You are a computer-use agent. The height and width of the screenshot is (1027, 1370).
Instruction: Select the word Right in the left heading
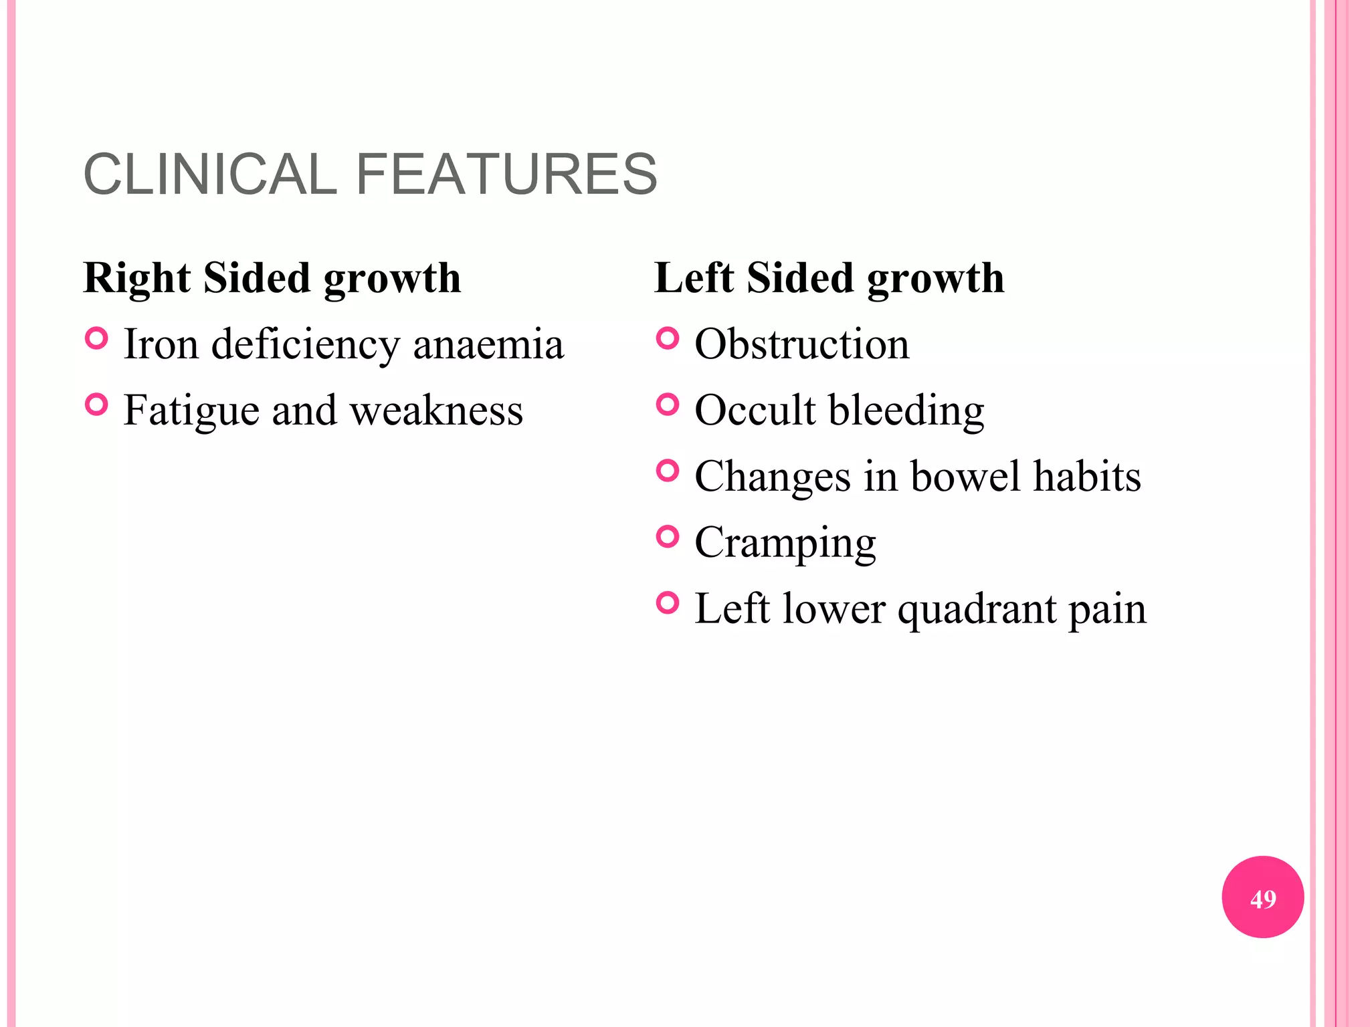[138, 279]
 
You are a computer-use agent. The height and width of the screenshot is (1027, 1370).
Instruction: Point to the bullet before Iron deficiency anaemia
[97, 339]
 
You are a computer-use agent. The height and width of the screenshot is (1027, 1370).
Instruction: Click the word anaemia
[488, 345]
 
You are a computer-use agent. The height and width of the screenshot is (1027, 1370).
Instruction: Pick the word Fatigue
[191, 411]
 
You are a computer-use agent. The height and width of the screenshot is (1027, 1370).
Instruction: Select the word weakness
[436, 411]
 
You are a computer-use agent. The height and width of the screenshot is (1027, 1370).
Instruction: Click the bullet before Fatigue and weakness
[97, 405]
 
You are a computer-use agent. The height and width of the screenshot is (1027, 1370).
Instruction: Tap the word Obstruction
[802, 344]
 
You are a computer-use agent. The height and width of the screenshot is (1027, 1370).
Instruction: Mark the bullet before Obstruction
[668, 338]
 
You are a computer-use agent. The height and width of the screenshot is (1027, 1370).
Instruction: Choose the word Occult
[755, 410]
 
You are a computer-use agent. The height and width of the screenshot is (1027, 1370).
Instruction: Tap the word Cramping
[785, 544]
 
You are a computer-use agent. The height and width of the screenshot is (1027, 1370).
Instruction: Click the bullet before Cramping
[668, 536]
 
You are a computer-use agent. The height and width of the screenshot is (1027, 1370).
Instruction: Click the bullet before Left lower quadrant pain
[668, 603]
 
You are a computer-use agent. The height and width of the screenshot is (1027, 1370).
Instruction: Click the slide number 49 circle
[1262, 897]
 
